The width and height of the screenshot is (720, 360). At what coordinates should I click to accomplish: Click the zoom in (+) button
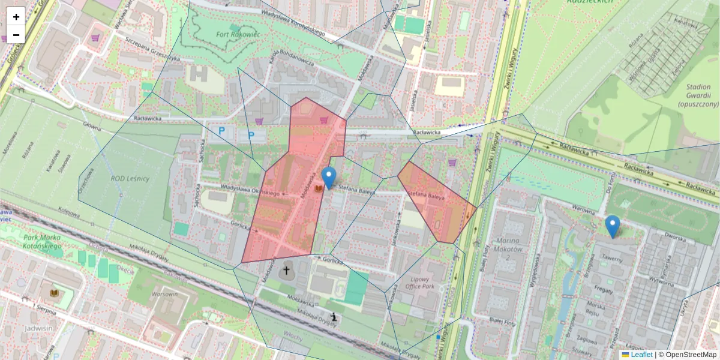coord(16,17)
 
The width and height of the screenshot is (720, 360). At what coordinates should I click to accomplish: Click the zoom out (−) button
coord(16,34)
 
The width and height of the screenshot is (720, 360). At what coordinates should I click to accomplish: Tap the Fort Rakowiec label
coord(237,35)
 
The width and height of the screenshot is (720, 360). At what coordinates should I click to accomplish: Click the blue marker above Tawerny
coord(612,226)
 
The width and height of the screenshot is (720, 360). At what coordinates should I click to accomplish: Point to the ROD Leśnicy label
coord(130,179)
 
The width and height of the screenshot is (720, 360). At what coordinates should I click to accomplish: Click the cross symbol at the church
coord(286,271)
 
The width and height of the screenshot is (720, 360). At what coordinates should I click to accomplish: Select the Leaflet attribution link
coord(641,355)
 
